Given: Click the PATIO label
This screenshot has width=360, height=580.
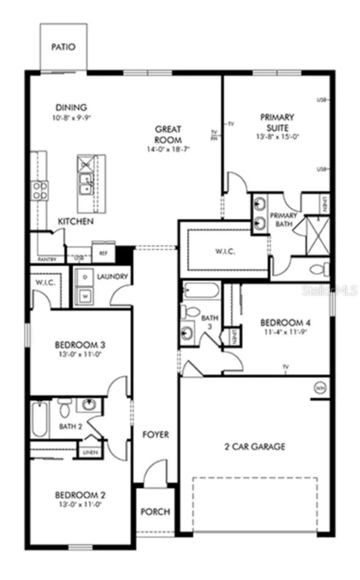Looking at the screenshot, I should [64, 47].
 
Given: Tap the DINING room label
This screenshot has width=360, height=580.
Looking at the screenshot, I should [71, 108].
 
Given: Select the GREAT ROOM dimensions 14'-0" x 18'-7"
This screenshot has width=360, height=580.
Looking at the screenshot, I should [167, 149].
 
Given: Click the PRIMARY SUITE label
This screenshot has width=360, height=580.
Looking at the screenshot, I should [277, 122].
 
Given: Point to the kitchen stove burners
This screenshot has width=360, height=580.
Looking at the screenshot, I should [40, 190].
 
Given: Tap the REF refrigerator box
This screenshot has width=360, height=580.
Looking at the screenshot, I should [103, 252].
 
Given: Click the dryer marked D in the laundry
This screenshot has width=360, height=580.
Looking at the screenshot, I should [84, 277].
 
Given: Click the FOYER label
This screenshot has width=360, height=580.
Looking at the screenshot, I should [156, 434].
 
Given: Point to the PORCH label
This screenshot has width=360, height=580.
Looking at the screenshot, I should [156, 511].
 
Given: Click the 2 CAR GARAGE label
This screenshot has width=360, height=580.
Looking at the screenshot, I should [255, 447].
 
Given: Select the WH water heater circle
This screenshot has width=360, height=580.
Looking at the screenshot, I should [320, 387].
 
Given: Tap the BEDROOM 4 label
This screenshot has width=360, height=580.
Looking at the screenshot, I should [285, 322].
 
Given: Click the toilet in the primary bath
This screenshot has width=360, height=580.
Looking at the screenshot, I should [319, 269].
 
